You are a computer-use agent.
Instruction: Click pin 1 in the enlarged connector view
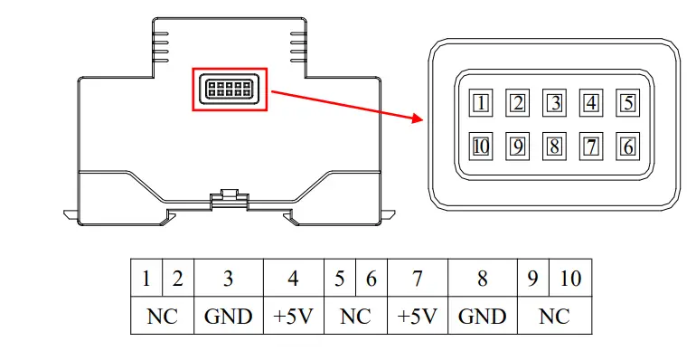(481, 102)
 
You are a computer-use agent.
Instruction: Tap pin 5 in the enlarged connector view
(628, 102)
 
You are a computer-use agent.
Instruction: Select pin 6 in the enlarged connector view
(628, 145)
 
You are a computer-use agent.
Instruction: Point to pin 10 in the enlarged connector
(481, 145)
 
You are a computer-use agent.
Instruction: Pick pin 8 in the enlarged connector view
(554, 145)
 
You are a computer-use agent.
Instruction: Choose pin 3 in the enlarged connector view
(554, 102)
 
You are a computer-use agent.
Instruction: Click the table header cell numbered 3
(228, 279)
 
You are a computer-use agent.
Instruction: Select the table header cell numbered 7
(418, 279)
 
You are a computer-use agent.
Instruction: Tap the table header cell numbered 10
(570, 279)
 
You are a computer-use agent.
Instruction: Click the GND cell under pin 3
(228, 316)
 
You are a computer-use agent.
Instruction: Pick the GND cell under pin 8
(482, 316)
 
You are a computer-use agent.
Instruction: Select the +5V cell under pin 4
(293, 316)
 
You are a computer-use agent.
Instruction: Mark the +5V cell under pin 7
(418, 316)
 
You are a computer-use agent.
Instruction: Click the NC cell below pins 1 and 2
(162, 316)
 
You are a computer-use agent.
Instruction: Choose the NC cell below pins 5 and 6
(355, 316)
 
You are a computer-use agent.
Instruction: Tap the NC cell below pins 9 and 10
(554, 316)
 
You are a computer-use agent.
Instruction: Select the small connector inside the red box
(230, 90)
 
